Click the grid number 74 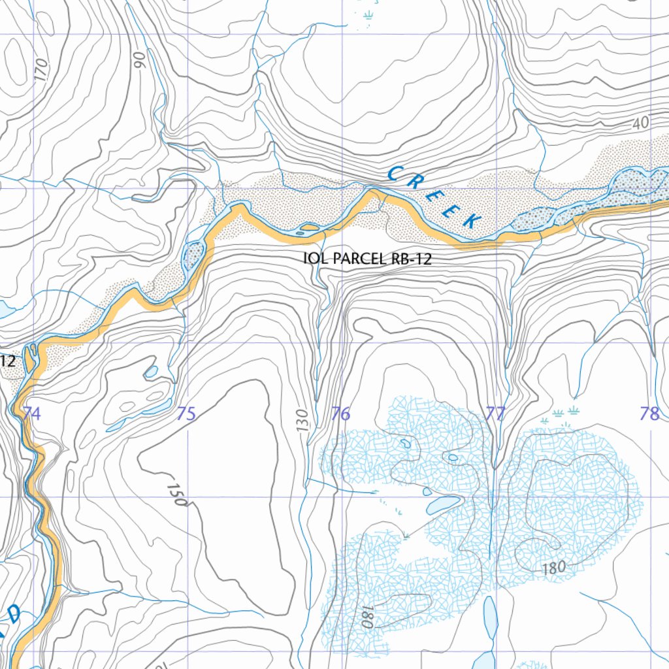click(31, 414)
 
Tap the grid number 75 click(186, 414)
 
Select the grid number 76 click(340, 414)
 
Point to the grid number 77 click(495, 414)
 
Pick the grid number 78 click(649, 414)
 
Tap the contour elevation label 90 click(139, 60)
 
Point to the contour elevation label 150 click(177, 495)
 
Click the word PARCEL click(360, 259)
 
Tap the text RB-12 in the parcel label click(412, 259)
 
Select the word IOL click(316, 259)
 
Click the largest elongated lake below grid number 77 click(489, 621)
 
